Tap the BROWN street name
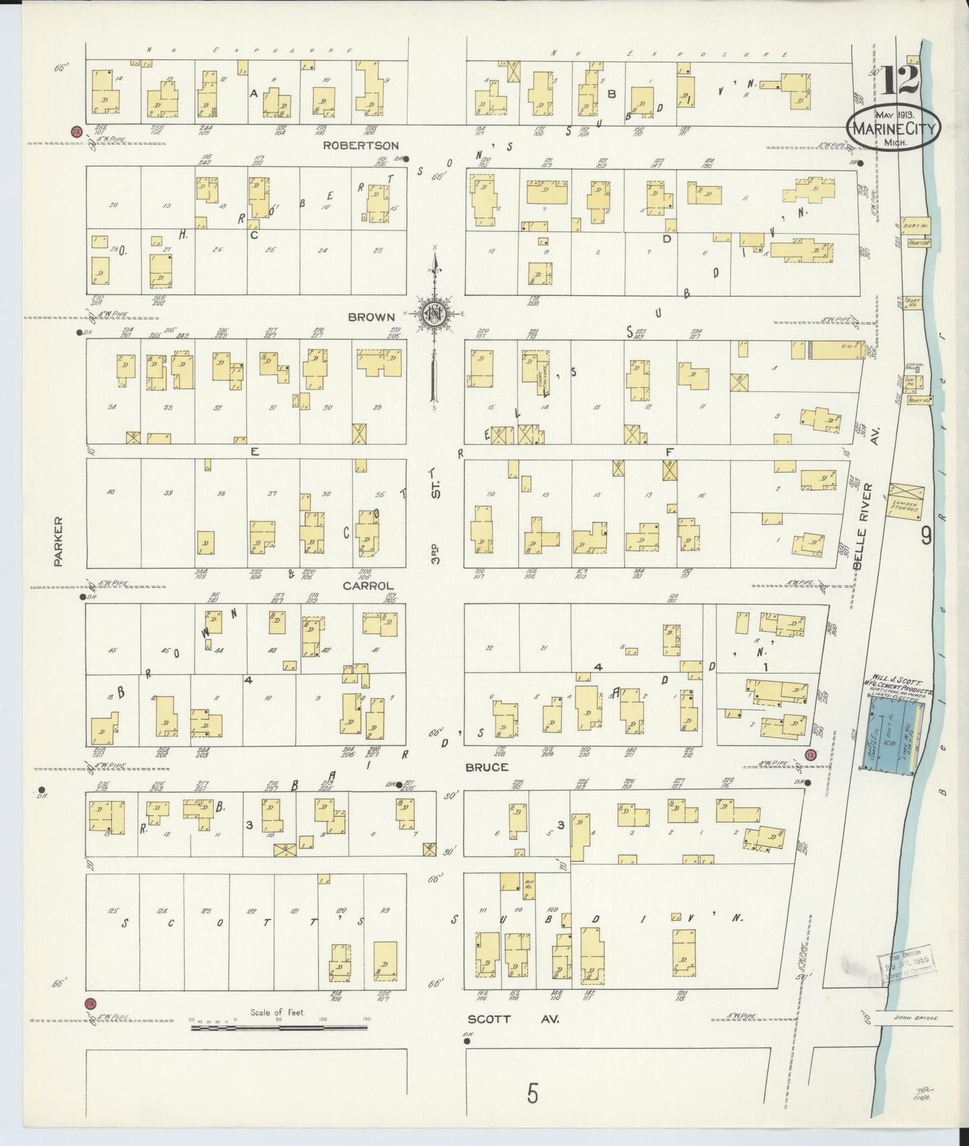(x=371, y=317)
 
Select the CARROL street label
(x=368, y=585)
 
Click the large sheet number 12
(x=899, y=81)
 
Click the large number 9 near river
(x=927, y=535)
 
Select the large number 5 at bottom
(x=532, y=1094)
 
